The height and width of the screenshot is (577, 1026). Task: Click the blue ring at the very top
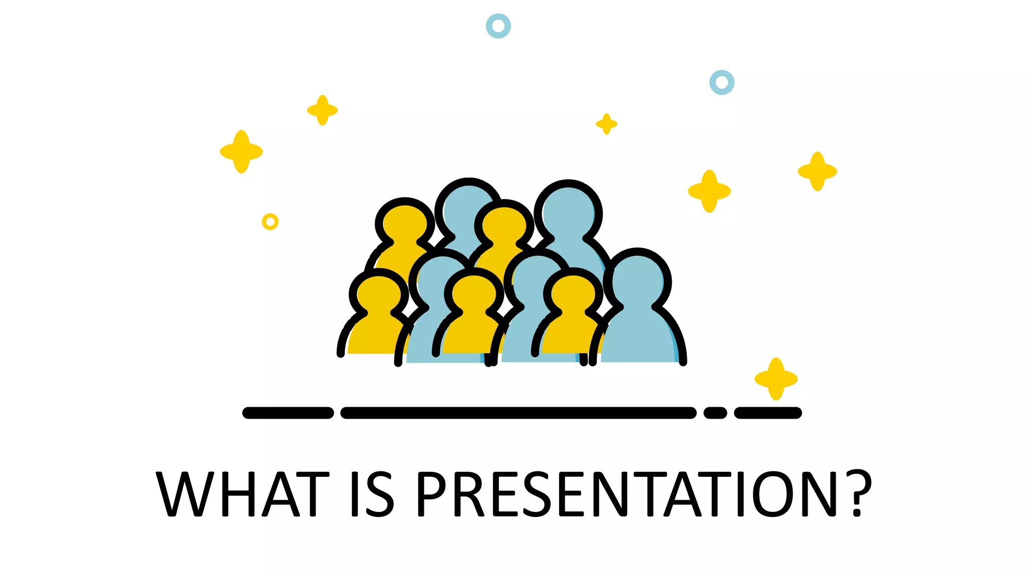(498, 26)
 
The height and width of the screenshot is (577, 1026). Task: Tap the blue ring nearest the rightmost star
(722, 82)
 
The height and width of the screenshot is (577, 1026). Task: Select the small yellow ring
(270, 221)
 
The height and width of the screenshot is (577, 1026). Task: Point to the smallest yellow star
(606, 124)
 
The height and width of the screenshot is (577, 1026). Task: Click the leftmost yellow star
(241, 152)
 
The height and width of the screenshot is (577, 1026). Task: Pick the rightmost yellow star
(817, 171)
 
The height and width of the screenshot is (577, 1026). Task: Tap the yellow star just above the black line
(776, 379)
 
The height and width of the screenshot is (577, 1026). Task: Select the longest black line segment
(518, 413)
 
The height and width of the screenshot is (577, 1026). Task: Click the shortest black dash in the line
(715, 413)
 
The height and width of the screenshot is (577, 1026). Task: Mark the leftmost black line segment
(288, 413)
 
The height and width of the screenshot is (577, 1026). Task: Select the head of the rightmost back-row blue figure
(568, 213)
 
